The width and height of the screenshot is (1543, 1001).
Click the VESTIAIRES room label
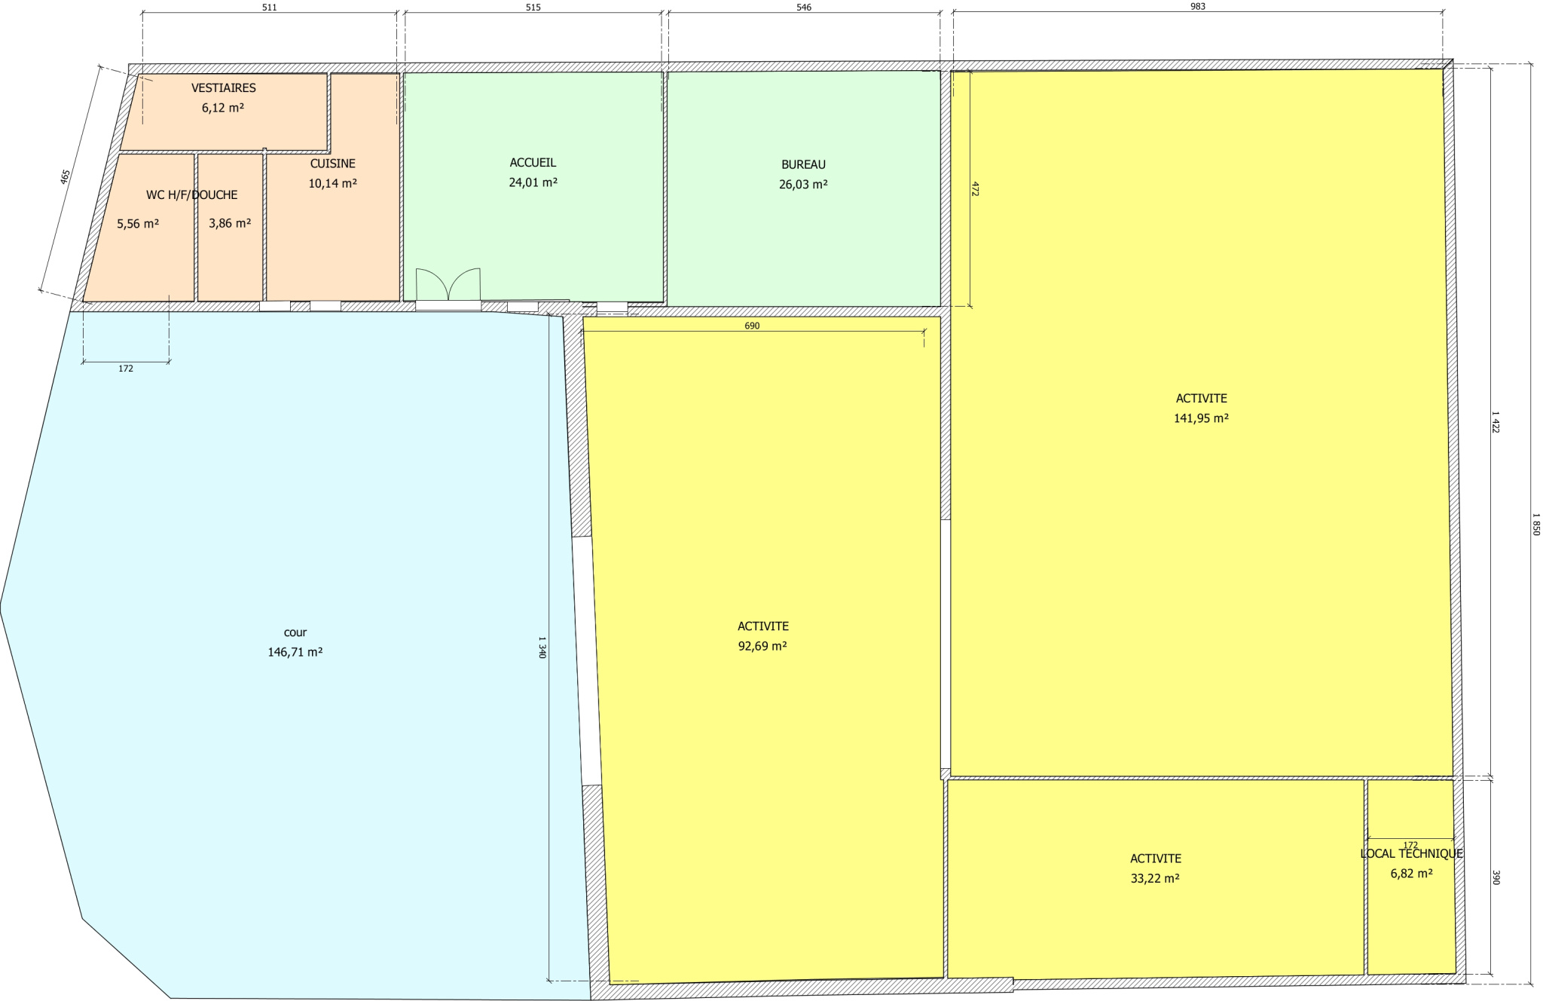[x=224, y=88]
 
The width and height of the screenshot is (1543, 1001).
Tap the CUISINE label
[x=332, y=164]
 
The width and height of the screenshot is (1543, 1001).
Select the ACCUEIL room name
[x=533, y=163]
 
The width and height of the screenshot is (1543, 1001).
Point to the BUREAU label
[x=803, y=164]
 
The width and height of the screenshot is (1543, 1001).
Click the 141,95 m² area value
[x=1201, y=418]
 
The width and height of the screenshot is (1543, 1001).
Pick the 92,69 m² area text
[x=762, y=646]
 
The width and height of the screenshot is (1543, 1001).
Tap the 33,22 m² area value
[x=1155, y=878]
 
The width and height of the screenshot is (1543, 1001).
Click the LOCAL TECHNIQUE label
[x=1411, y=854]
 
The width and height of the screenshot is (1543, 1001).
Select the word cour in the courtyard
[x=295, y=633]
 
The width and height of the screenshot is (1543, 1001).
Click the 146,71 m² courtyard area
[x=295, y=652]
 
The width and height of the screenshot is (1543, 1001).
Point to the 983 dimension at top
[x=1197, y=7]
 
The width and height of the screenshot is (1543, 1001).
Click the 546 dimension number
[x=803, y=8]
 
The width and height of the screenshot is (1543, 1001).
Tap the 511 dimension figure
[x=269, y=8]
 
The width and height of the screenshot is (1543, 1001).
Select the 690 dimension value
[x=751, y=326]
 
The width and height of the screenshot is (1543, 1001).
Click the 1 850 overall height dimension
[x=1535, y=524]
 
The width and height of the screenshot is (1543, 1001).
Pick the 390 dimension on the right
[x=1496, y=877]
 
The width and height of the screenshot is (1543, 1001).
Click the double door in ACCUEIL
[x=448, y=284]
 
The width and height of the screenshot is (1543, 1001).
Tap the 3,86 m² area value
[x=230, y=223]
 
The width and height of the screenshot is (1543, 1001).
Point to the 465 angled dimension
[x=65, y=176]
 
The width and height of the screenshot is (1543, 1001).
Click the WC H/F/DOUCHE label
[x=191, y=195]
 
